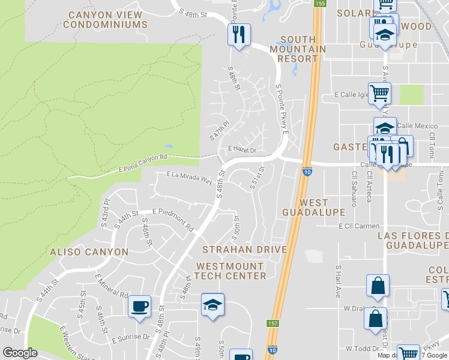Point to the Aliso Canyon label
click(x=89, y=252)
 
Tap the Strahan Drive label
click(x=244, y=249)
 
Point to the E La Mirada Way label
click(x=189, y=177)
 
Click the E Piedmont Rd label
click(x=173, y=219)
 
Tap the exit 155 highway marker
click(x=319, y=4)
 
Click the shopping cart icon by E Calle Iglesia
click(x=379, y=93)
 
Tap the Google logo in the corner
click(x=19, y=353)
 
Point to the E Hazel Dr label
click(x=242, y=150)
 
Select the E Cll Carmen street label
click(x=358, y=226)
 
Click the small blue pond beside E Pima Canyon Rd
click(x=168, y=146)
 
